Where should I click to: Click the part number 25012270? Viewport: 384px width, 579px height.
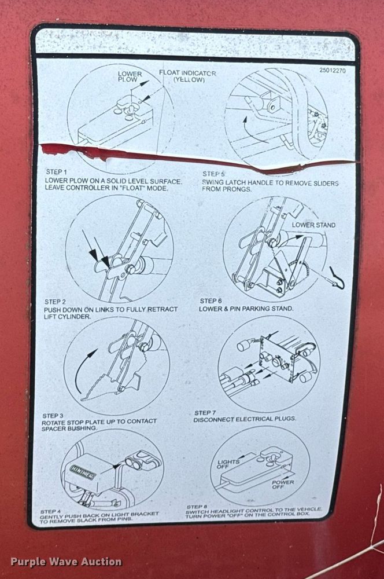[x=332, y=71]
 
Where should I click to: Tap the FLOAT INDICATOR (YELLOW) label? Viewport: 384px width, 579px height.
[x=187, y=76]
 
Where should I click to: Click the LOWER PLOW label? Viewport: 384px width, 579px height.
[x=130, y=76]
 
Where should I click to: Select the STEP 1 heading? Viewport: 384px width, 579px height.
[x=57, y=172]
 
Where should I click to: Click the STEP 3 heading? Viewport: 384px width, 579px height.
[x=53, y=416]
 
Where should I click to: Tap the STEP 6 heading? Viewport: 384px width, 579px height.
[x=211, y=301]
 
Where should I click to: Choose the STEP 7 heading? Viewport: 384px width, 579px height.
[x=205, y=412]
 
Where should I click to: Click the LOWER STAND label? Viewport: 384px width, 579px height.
[x=313, y=225]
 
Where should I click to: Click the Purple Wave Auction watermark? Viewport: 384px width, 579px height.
[x=66, y=562]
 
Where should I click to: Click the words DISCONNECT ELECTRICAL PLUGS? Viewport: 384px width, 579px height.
[x=245, y=419]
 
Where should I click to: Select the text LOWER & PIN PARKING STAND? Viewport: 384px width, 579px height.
[x=246, y=309]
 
